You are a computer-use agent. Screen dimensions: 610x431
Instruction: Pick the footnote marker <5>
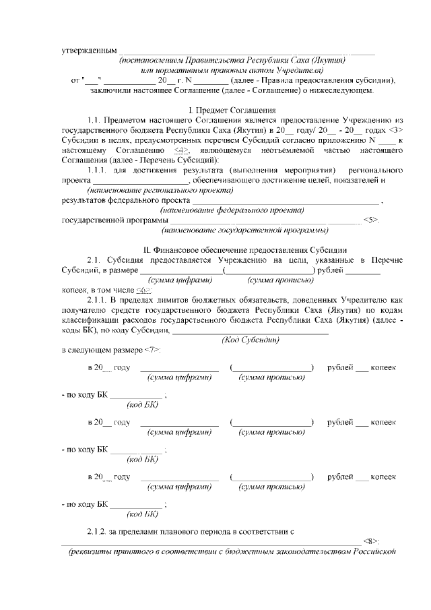click(372, 220)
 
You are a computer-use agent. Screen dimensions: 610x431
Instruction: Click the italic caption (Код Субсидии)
click(251, 340)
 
